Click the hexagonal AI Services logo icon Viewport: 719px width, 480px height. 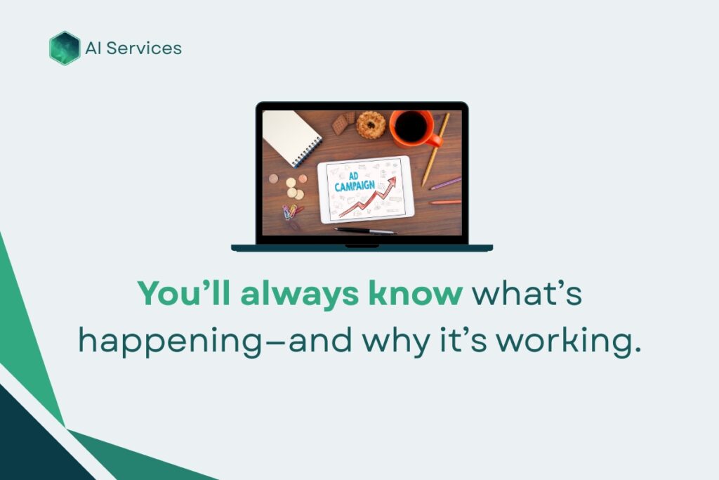click(65, 48)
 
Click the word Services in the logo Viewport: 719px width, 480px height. click(144, 48)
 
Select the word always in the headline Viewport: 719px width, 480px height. click(299, 294)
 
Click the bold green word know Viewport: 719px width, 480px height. click(416, 293)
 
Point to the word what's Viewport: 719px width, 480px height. click(527, 293)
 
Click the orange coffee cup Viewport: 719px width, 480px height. click(413, 128)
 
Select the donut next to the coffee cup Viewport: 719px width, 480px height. click(371, 125)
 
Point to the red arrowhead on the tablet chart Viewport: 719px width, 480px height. click(391, 181)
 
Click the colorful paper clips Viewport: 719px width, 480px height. click(291, 212)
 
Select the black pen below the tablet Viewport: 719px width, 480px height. click(365, 231)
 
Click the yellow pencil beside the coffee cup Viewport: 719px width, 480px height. click(435, 150)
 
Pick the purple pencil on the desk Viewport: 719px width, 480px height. click(445, 183)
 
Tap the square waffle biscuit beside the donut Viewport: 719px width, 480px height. click(340, 124)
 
